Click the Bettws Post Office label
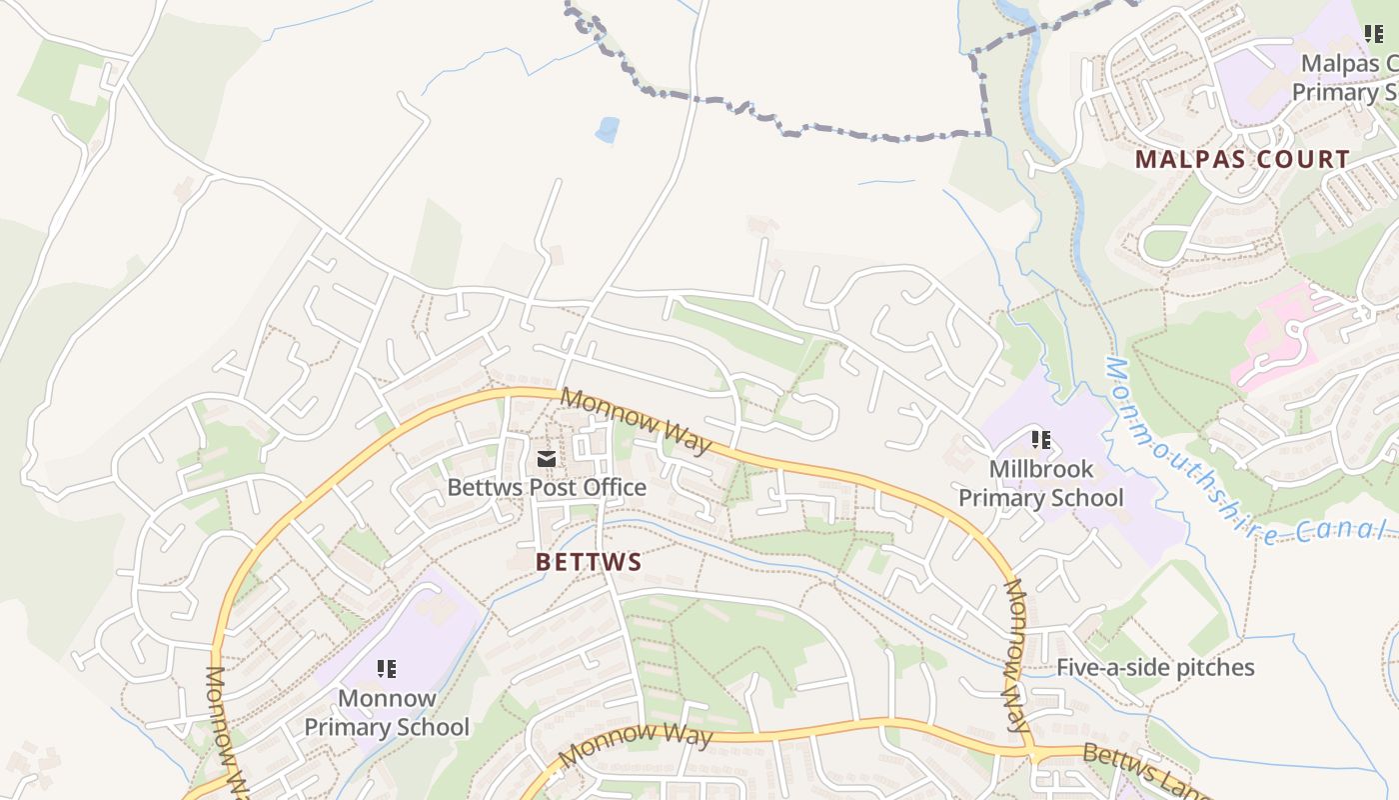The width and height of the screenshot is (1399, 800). point(547,488)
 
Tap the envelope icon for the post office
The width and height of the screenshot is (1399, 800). point(547,459)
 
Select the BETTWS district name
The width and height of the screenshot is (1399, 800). point(589,562)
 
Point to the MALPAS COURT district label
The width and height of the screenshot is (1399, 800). point(1242,159)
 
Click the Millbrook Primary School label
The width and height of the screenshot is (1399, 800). point(1040,483)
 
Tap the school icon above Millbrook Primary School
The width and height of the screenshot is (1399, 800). point(1040,439)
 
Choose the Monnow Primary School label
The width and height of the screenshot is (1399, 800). point(386,712)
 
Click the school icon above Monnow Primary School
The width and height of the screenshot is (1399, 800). point(386,668)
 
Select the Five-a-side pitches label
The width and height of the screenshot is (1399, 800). point(1155,667)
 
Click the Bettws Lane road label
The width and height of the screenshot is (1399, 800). point(1144,769)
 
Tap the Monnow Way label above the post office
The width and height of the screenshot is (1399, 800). point(636,421)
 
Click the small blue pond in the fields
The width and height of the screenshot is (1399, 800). point(607,129)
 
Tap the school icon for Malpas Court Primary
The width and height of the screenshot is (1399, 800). point(1374,34)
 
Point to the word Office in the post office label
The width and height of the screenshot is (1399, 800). point(612,488)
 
